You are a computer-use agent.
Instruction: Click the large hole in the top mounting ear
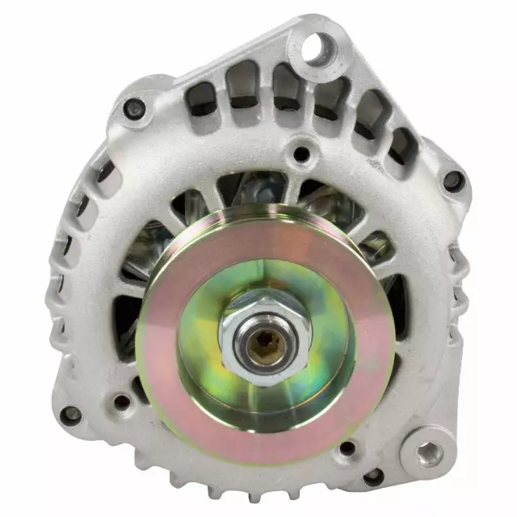317,48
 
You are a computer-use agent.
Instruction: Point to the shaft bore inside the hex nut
263,347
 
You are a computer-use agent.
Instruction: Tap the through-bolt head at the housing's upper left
134,108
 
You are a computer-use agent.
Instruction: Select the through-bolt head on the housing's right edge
454,180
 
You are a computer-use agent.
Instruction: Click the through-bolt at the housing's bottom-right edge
373,477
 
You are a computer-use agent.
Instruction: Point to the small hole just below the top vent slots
301,153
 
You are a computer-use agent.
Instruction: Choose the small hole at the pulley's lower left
122,401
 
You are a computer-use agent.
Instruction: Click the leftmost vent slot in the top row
200,98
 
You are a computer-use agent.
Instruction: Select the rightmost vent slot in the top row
401,148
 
